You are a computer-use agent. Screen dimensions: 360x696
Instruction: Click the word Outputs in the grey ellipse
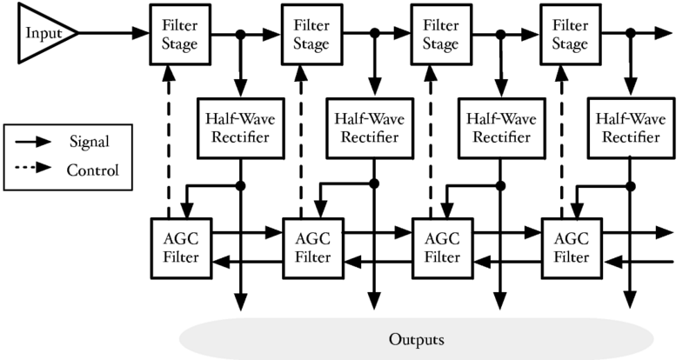[x=416, y=337]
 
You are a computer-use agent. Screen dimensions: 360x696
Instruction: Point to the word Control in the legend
[x=91, y=169]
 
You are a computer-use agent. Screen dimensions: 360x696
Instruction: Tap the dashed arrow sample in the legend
[x=32, y=169]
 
